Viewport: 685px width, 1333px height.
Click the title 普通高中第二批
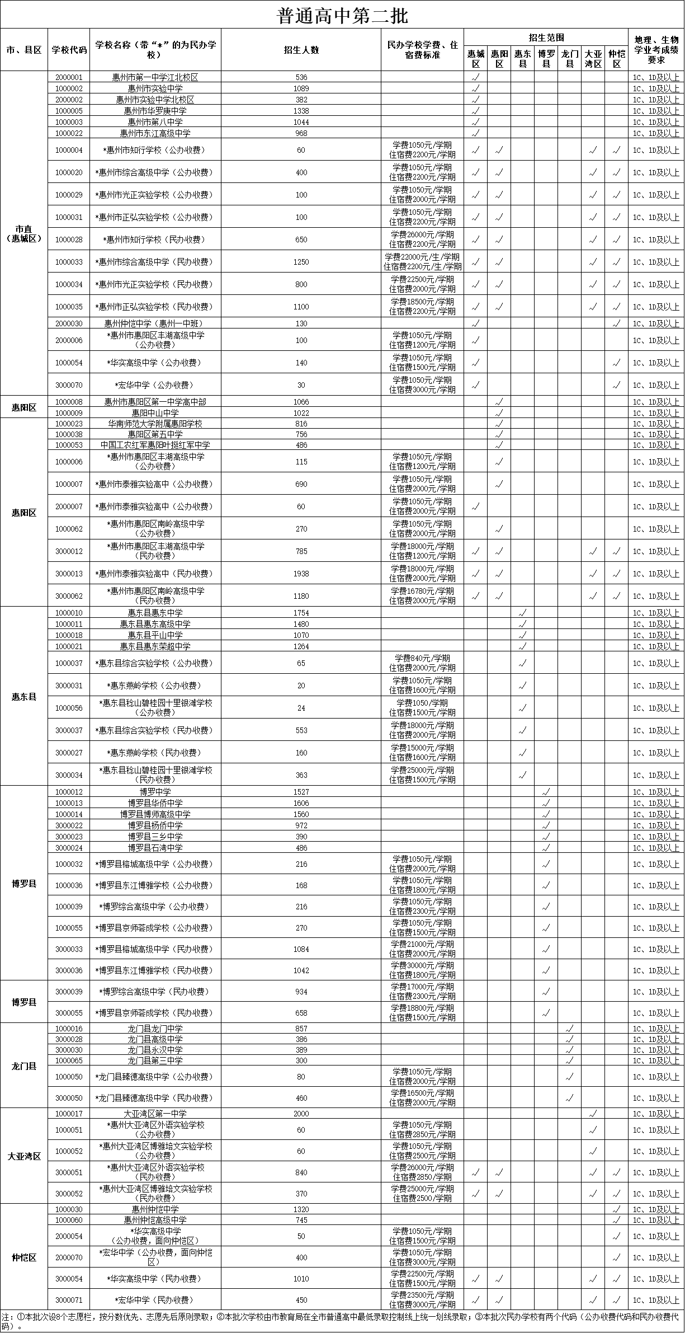tap(342, 16)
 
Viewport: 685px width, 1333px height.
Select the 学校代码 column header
tap(69, 50)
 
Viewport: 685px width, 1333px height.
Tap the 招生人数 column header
tap(301, 50)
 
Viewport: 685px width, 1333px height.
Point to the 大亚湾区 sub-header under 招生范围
tap(593, 59)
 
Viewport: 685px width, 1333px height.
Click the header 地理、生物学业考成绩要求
tap(656, 50)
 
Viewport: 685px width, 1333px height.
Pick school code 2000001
tap(69, 77)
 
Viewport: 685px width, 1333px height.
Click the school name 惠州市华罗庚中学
tap(155, 111)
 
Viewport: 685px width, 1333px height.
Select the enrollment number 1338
tap(301, 111)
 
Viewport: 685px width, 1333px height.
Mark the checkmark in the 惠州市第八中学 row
tap(476, 122)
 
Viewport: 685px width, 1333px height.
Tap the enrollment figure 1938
tap(301, 574)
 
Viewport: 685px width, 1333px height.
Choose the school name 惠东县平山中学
tap(155, 635)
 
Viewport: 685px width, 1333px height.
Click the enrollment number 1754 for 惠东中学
tap(301, 613)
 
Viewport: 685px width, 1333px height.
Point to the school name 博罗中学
tap(155, 792)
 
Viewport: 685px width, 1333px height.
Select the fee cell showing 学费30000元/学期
tap(422, 970)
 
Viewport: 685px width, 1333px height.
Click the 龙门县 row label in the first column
tap(24, 1066)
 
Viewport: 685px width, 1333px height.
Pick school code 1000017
tap(69, 1114)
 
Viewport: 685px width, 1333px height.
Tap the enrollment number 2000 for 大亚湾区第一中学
tap(301, 1114)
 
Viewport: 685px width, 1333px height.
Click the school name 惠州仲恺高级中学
tap(155, 1220)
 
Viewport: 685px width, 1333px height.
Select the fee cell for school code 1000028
tap(422, 240)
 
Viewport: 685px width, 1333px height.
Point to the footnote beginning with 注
tap(342, 1321)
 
